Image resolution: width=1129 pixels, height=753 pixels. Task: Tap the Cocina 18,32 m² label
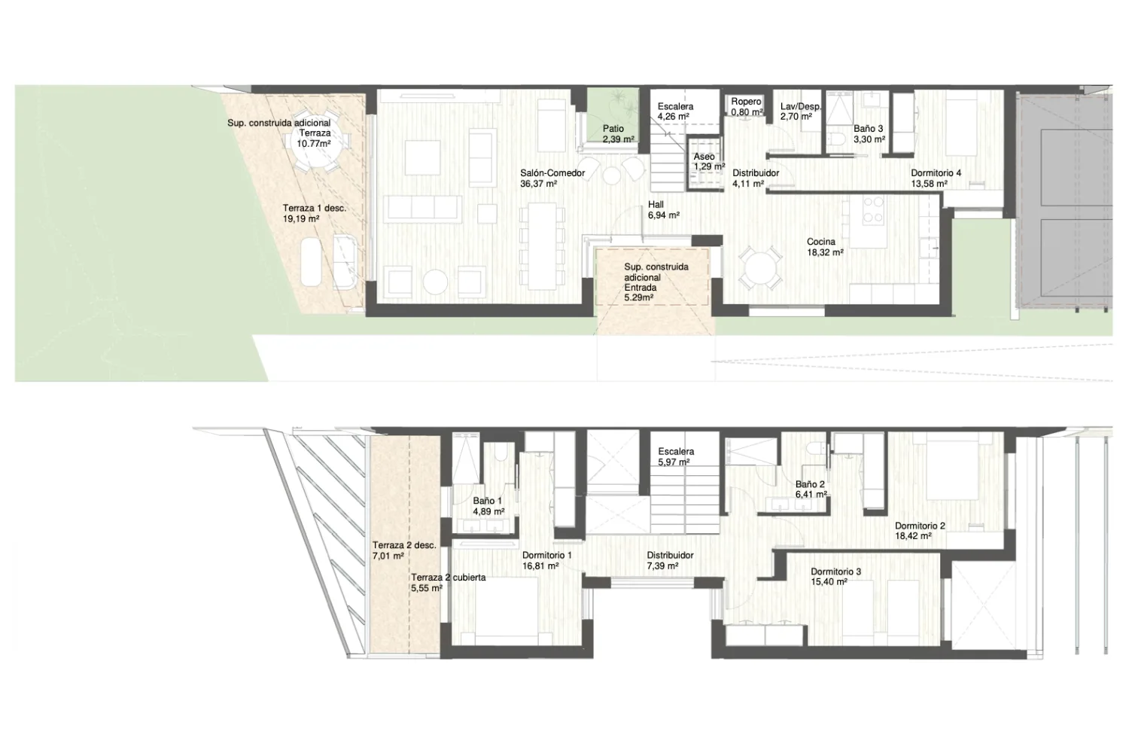coord(825,247)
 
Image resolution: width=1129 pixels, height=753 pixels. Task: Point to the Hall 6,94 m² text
coord(663,210)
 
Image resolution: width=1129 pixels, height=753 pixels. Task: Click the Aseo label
coord(704,157)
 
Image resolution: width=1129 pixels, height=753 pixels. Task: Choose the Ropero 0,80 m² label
coord(747,107)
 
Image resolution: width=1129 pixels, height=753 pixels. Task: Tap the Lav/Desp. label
coord(800,106)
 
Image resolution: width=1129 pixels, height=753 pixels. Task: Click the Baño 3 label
coord(869,129)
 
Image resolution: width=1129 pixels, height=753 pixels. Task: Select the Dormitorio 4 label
coord(936,173)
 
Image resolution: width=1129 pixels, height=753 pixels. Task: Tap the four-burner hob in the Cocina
coord(873,210)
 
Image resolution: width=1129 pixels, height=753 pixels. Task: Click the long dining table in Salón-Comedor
coord(543,246)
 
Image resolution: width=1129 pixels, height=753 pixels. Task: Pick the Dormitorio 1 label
coord(547,555)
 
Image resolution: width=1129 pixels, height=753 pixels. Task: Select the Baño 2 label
coord(810,484)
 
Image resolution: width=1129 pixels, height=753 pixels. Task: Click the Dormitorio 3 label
coord(835,572)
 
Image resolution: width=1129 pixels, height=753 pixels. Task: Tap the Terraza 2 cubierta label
coord(448,578)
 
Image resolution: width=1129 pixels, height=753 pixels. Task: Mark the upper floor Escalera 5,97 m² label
coord(676,456)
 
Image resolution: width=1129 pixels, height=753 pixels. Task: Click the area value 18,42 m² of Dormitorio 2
coord(913,536)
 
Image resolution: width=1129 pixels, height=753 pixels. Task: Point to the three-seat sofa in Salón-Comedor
coord(422,209)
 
